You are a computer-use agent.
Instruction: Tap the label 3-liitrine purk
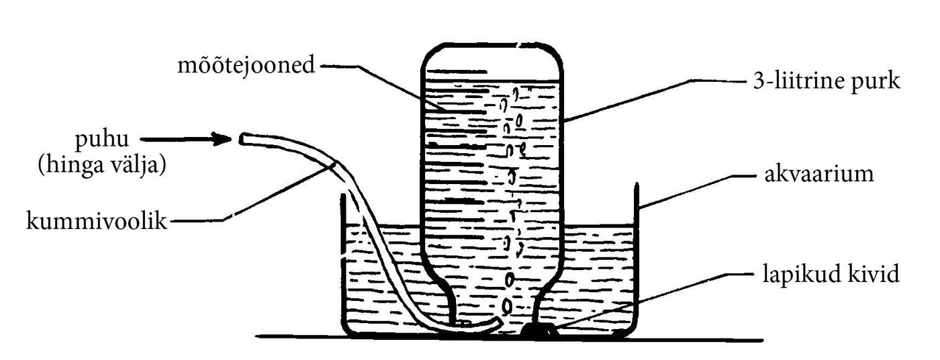[x=827, y=81]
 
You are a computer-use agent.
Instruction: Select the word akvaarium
[x=819, y=174]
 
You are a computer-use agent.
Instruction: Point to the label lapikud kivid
[x=831, y=274]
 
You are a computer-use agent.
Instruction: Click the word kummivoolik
[x=97, y=220]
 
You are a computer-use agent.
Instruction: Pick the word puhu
[x=102, y=140]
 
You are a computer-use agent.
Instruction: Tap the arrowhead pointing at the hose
[x=222, y=139]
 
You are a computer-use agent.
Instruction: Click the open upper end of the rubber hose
[x=243, y=139]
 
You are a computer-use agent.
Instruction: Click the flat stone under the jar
[x=538, y=330]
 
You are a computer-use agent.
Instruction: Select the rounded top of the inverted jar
[x=491, y=44]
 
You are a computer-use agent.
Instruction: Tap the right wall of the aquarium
[x=637, y=260]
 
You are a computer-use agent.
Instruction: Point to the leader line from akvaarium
[x=698, y=191]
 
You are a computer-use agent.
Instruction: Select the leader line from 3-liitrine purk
[x=654, y=101]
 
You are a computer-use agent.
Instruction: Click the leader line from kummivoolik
[x=252, y=191]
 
